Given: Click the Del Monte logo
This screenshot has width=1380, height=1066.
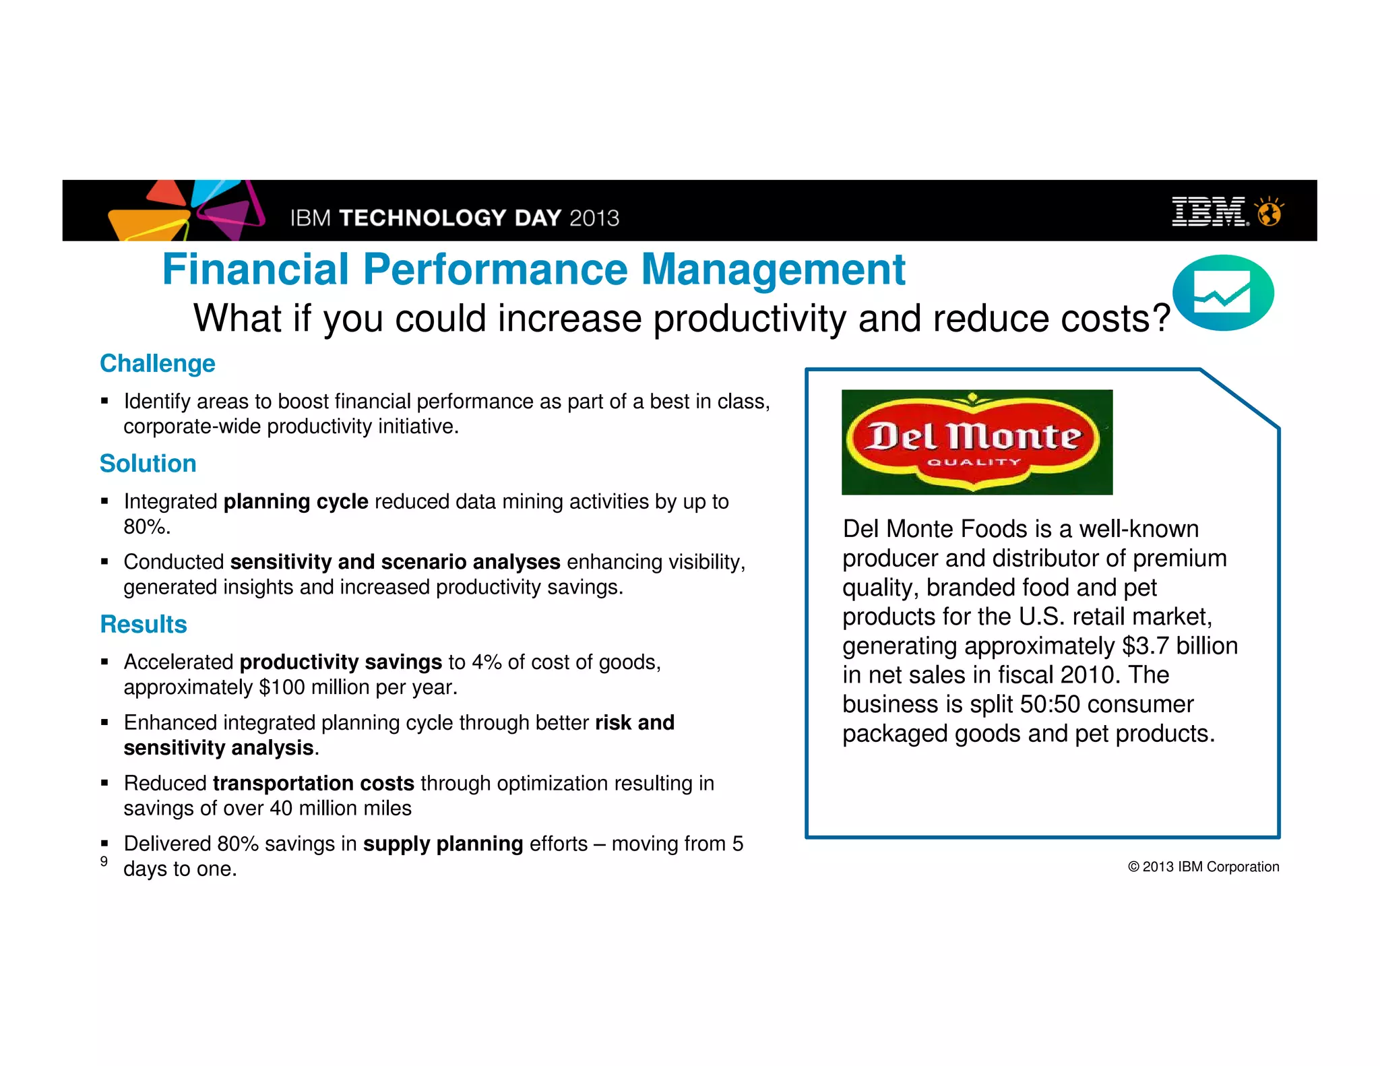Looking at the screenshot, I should [x=976, y=442].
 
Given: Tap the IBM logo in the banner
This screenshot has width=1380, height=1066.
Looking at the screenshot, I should [x=1210, y=212].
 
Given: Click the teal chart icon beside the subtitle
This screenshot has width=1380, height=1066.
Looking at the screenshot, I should [x=1222, y=293].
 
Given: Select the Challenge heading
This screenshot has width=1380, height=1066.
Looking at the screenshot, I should [x=157, y=364].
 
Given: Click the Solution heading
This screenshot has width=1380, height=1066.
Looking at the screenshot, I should [x=148, y=464].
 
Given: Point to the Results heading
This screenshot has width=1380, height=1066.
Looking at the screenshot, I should [x=143, y=625].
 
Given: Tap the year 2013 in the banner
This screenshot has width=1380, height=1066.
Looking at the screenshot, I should [x=594, y=218].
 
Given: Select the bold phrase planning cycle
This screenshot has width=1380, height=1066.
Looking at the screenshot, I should [x=295, y=502].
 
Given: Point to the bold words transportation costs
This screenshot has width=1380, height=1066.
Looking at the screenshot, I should [x=313, y=784].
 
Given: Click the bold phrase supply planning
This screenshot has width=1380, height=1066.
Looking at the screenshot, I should [x=443, y=844].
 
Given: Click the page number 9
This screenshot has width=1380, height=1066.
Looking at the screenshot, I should [x=104, y=861].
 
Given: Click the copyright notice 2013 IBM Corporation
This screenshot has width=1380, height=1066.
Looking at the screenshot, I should [x=1203, y=867].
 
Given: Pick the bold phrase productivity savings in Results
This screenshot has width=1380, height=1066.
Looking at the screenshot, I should [x=340, y=662].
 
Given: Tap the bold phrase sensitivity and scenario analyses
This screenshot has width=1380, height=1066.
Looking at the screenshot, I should [x=395, y=562].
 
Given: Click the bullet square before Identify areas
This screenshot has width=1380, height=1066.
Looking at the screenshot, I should [x=104, y=401].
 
